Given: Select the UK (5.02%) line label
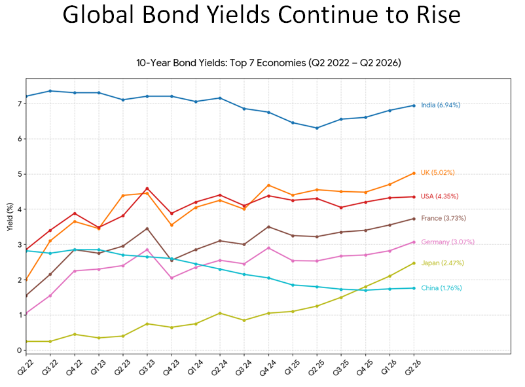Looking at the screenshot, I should [x=437, y=173].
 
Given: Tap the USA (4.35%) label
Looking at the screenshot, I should [x=439, y=196].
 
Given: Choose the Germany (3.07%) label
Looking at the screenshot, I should [x=447, y=242].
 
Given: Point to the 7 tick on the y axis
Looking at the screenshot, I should [x=20, y=103].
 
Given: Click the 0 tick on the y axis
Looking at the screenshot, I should [x=20, y=350].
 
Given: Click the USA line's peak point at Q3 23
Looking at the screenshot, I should [x=147, y=189].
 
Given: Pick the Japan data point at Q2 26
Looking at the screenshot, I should [x=414, y=263].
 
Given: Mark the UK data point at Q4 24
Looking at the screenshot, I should [x=268, y=185].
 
